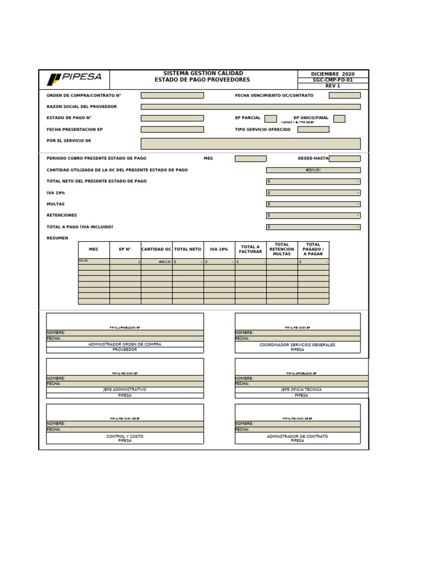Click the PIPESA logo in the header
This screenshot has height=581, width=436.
point(74,79)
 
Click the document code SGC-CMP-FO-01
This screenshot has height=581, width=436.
point(333,80)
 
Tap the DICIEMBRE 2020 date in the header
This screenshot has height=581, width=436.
point(333,74)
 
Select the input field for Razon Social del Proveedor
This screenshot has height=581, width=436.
point(250,107)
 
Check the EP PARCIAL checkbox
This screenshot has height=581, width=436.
point(271,119)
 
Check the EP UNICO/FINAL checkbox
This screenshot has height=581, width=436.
point(339,119)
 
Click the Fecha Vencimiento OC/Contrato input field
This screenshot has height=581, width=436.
point(345,95)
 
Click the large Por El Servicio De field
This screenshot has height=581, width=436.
point(250,143)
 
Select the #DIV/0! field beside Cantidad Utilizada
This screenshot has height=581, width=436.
point(313,170)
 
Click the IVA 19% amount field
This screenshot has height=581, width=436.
point(313,193)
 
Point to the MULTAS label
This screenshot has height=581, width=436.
point(56,204)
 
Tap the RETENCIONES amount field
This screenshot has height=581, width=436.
point(313,216)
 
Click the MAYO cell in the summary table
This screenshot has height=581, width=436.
point(94,262)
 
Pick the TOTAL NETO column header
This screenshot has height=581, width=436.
point(188,249)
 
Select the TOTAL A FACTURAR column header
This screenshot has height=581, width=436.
point(250,249)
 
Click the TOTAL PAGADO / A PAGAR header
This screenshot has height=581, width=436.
point(313,249)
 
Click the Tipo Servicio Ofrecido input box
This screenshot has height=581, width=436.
point(313,129)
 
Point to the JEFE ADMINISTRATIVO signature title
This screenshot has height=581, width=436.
point(125,390)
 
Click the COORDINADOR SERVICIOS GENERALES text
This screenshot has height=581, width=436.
point(297,344)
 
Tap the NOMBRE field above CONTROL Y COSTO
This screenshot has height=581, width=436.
point(125,424)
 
